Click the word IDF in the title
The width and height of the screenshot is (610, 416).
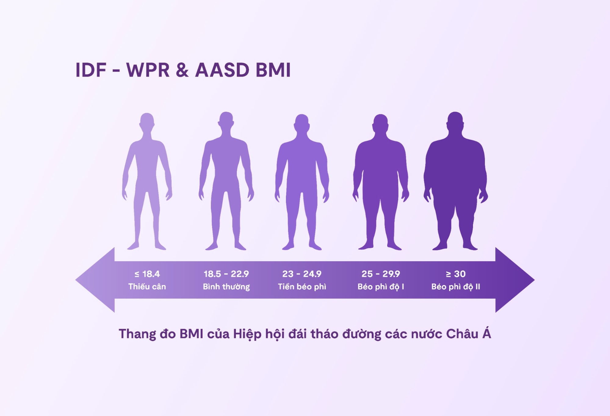click(x=91, y=70)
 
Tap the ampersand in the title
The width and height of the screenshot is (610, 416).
click(x=182, y=70)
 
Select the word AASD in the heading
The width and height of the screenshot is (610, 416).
click(x=222, y=70)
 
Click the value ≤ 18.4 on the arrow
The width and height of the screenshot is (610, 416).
click(x=147, y=274)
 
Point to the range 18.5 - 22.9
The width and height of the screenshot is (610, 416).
click(x=226, y=274)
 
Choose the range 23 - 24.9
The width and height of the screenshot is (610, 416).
click(x=302, y=274)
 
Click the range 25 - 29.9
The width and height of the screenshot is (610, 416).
click(x=381, y=274)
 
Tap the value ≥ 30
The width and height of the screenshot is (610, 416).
click(x=456, y=274)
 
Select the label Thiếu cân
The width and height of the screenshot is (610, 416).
click(x=147, y=287)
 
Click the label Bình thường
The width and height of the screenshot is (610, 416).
click(x=226, y=287)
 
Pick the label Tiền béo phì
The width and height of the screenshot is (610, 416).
click(x=302, y=287)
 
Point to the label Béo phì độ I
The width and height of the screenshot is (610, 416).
click(x=381, y=287)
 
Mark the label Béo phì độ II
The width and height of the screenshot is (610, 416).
click(x=456, y=287)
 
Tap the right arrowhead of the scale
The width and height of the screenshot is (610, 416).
click(x=515, y=280)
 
